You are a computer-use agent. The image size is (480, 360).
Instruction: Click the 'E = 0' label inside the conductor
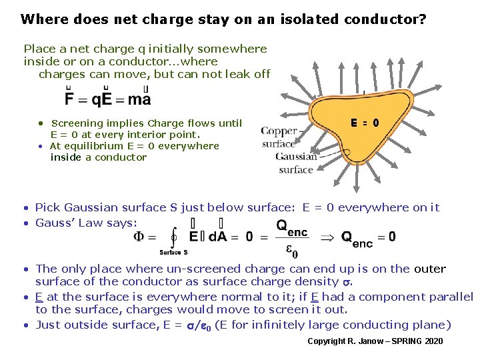[x=365, y=122]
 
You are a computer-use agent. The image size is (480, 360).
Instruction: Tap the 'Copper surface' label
[x=279, y=137]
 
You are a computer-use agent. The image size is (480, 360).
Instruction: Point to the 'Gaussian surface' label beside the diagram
[x=296, y=163]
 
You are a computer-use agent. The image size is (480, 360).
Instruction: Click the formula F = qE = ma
[x=107, y=99]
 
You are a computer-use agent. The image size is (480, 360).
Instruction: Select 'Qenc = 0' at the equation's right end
[x=368, y=237]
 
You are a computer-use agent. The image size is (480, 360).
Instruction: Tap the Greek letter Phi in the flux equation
[x=139, y=237]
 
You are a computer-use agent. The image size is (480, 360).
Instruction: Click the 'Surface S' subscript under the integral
[x=173, y=253]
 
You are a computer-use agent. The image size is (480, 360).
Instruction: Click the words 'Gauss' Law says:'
[x=86, y=223]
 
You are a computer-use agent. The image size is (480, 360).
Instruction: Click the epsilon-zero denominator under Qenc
[x=291, y=250]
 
